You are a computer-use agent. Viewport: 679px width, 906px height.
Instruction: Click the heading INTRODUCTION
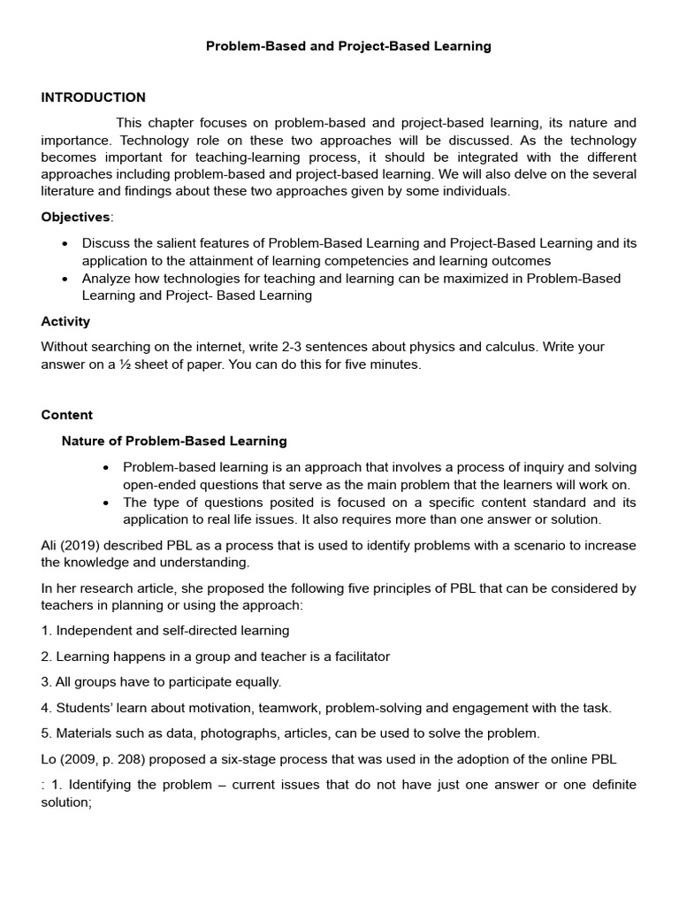pyautogui.click(x=93, y=97)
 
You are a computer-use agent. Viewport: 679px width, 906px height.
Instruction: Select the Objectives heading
pyautogui.click(x=76, y=218)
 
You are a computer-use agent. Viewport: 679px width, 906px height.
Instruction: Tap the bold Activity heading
pyautogui.click(x=65, y=321)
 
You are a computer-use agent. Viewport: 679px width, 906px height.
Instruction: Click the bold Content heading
pyautogui.click(x=66, y=415)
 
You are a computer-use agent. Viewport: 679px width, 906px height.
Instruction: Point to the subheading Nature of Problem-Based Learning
pyautogui.click(x=174, y=441)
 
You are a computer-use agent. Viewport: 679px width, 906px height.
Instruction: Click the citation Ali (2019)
pyautogui.click(x=72, y=545)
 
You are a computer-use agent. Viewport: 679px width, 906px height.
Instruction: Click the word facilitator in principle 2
pyautogui.click(x=356, y=656)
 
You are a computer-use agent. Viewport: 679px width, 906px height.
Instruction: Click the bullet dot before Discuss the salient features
pyautogui.click(x=65, y=243)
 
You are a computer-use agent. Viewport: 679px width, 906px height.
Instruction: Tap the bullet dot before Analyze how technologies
pyautogui.click(x=65, y=279)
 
